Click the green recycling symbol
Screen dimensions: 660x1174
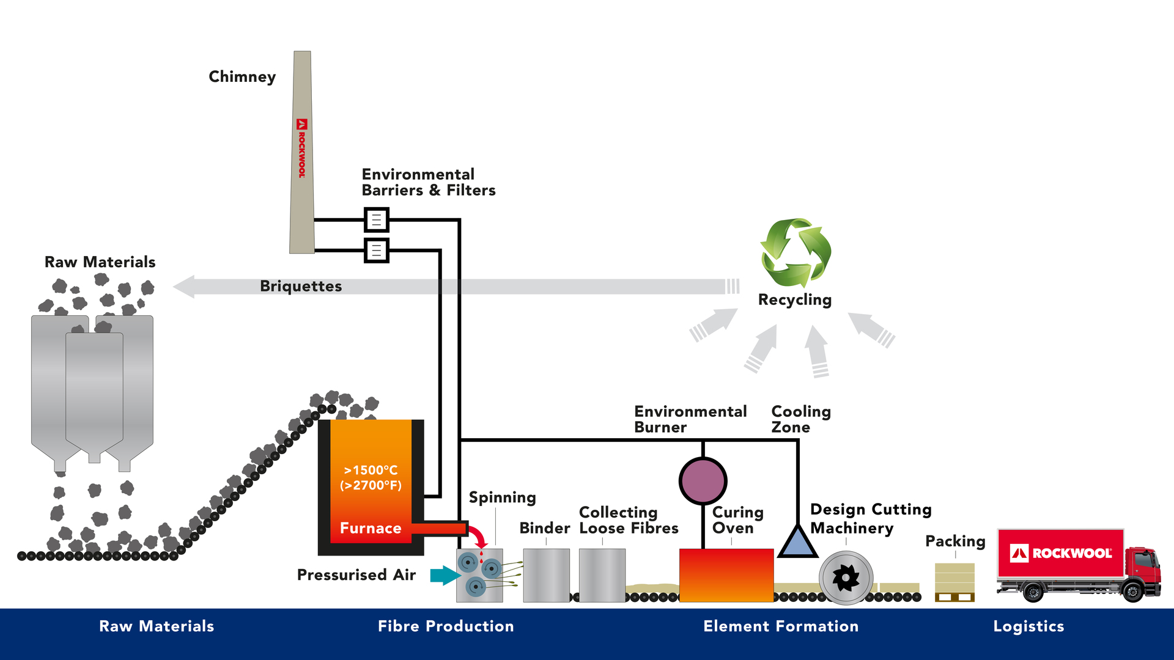click(x=796, y=252)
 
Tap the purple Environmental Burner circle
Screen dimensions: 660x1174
click(x=703, y=481)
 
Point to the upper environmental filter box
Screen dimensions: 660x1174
click(x=377, y=219)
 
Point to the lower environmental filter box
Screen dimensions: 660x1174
click(x=377, y=250)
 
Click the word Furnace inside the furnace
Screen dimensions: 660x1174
click(x=371, y=529)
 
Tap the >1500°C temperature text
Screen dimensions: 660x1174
click(x=371, y=471)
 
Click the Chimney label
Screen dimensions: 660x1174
click(x=242, y=77)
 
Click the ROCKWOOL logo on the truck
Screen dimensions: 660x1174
click(x=1060, y=554)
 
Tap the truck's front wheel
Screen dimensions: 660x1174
click(x=1133, y=592)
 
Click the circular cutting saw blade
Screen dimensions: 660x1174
click(x=846, y=577)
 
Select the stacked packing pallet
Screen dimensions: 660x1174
click(x=954, y=582)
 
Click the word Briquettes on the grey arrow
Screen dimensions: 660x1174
click(x=301, y=287)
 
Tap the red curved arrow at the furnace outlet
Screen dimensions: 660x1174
click(x=478, y=535)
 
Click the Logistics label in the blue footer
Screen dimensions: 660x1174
click(x=1028, y=626)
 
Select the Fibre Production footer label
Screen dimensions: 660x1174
click(x=446, y=626)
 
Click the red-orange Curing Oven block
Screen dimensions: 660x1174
click(x=726, y=575)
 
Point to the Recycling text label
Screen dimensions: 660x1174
click(x=795, y=300)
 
